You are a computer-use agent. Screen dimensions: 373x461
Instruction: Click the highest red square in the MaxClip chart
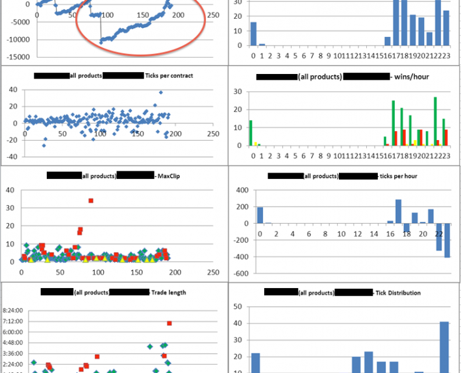91,200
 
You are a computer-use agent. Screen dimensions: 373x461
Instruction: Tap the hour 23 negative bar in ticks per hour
447,240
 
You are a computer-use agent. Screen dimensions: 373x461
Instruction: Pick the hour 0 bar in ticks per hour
260,215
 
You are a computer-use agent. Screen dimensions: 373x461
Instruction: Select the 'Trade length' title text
169,292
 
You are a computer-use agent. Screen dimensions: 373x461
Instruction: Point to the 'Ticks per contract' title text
169,76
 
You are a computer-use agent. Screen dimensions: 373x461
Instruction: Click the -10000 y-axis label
17,39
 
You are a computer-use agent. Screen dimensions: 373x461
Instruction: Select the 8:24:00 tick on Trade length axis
13,310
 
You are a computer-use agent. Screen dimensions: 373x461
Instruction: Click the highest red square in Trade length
169,323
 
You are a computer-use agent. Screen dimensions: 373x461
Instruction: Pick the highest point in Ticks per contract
161,93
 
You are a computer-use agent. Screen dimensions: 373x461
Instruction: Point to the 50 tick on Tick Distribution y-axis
237,306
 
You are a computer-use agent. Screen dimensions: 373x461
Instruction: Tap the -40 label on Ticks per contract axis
12,156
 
